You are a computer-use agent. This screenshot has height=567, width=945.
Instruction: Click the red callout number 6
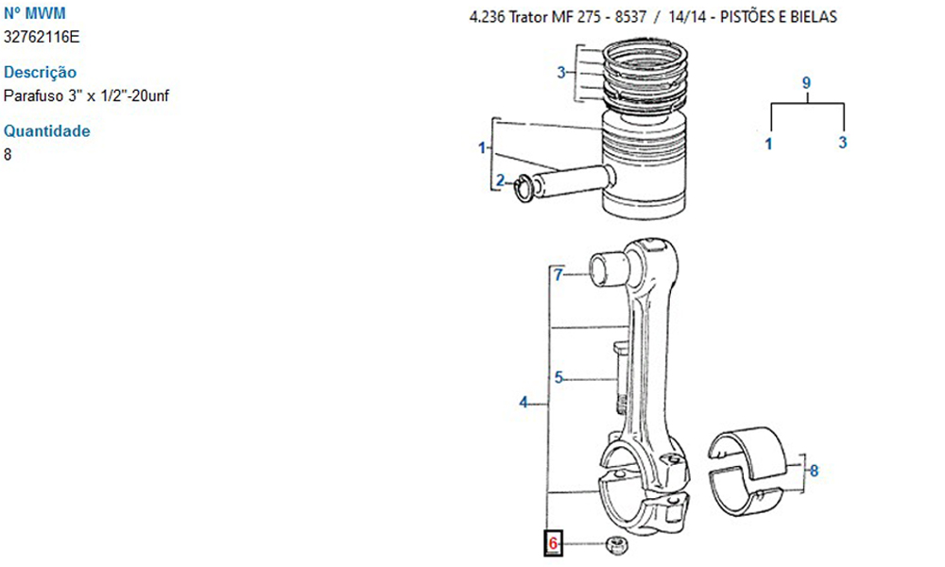[x=553, y=544]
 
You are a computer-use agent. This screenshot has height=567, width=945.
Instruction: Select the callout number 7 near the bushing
[x=558, y=275]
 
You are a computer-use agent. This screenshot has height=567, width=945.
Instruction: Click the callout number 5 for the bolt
[x=558, y=378]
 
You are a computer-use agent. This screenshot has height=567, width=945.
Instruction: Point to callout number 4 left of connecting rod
[x=524, y=402]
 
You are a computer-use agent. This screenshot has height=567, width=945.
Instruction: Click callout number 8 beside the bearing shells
[x=814, y=471]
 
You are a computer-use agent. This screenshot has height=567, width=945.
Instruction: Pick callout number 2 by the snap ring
[x=500, y=180]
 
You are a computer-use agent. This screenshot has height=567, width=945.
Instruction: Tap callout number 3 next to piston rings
[x=561, y=73]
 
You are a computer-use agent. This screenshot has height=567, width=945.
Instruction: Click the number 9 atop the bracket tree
[x=806, y=82]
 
